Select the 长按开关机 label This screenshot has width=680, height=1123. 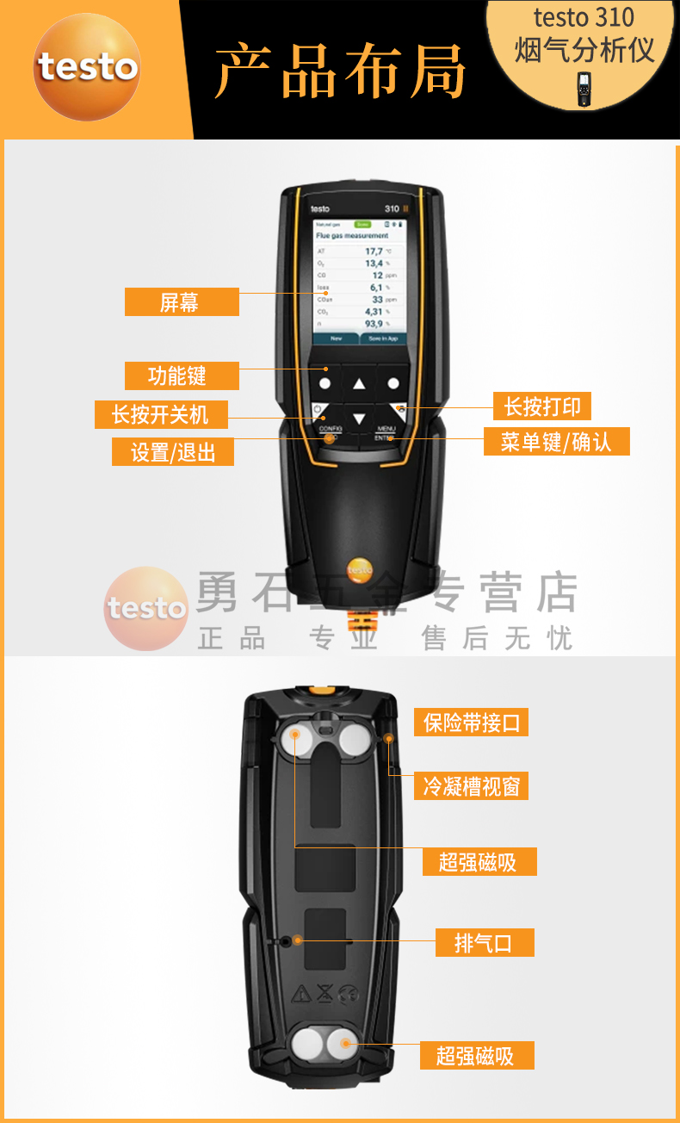point(160,414)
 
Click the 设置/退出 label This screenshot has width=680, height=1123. point(172,452)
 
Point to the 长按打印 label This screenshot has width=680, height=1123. point(541,406)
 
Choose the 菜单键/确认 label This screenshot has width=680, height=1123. point(555,442)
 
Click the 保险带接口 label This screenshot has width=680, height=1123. point(472,723)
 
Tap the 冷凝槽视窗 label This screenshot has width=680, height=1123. point(471,785)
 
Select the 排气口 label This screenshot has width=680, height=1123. point(483,943)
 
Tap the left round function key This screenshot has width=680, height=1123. point(325,383)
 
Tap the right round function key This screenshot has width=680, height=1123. point(393,383)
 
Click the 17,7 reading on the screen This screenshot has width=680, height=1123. point(374,251)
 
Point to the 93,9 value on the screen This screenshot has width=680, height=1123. point(374,324)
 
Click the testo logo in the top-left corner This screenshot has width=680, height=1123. point(87,67)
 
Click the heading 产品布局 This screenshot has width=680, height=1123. point(340,71)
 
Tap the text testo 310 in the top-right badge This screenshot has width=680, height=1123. point(583,17)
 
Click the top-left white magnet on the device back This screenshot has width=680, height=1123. point(294,736)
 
